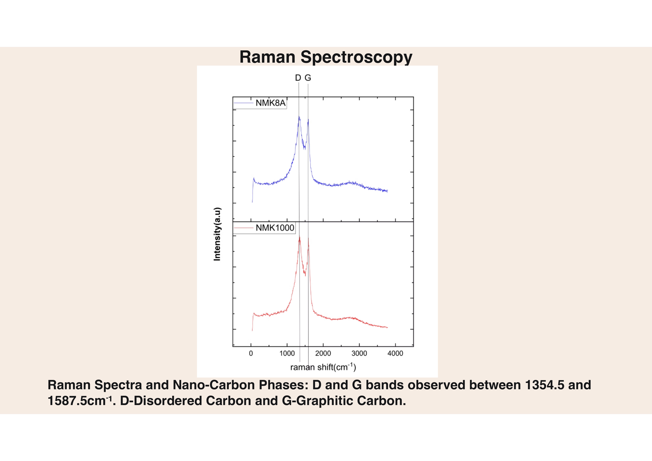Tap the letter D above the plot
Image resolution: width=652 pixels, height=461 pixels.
(x=298, y=78)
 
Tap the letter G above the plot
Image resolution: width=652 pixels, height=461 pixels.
(x=308, y=78)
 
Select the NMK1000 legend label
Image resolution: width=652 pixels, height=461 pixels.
(x=275, y=228)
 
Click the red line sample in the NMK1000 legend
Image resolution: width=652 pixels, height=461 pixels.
(x=243, y=228)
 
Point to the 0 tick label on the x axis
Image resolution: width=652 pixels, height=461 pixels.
(x=251, y=353)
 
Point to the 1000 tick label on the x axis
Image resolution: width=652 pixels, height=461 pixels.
(x=287, y=353)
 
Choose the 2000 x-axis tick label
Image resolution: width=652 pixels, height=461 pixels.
(x=323, y=353)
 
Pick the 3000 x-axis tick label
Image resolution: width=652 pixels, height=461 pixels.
(x=359, y=353)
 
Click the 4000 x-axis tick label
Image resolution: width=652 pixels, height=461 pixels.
(x=395, y=353)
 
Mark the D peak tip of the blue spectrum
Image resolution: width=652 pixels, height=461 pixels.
(x=299, y=116)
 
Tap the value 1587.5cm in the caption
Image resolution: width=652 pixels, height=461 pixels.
(x=77, y=401)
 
